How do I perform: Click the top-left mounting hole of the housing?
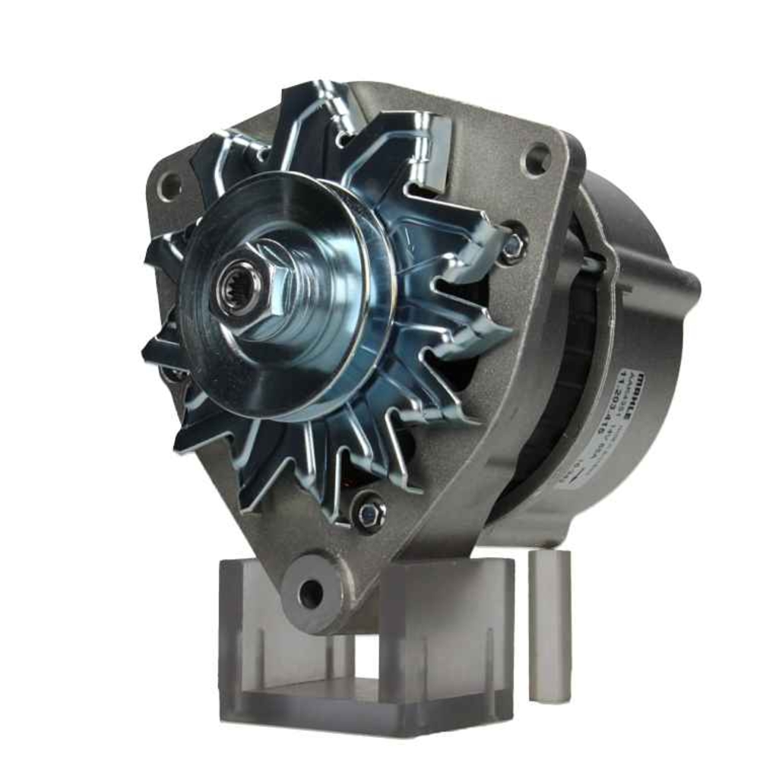click(169, 184)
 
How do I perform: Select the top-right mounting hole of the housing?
click(537, 159)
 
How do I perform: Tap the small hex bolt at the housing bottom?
click(370, 510)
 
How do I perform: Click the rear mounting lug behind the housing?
click(680, 285)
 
